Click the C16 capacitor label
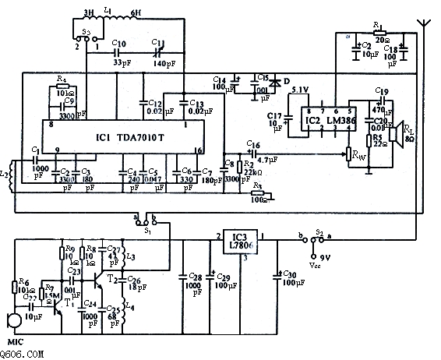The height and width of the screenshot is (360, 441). tap(252, 144)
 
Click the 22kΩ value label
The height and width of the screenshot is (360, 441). tap(249, 171)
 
